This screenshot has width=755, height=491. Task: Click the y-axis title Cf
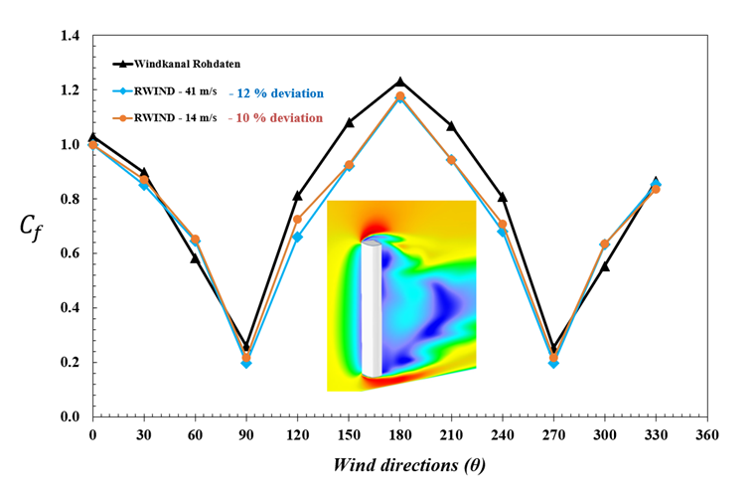(31, 227)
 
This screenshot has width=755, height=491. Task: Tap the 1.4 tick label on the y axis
(70, 37)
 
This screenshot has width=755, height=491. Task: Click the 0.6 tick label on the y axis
(70, 253)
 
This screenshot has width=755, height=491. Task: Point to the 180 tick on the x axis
(400, 435)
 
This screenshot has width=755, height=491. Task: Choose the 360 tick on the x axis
(707, 435)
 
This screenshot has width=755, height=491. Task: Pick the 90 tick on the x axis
(246, 435)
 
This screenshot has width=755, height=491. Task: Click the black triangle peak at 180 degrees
(400, 82)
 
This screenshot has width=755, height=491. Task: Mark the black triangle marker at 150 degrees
(349, 122)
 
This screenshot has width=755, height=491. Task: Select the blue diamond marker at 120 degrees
(298, 237)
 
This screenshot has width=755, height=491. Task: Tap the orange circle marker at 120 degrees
(298, 219)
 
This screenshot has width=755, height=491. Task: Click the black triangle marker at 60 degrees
(196, 258)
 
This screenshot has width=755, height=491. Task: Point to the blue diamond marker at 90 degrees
(246, 364)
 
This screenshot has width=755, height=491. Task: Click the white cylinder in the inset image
(370, 308)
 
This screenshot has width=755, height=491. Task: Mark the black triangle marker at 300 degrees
(605, 266)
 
